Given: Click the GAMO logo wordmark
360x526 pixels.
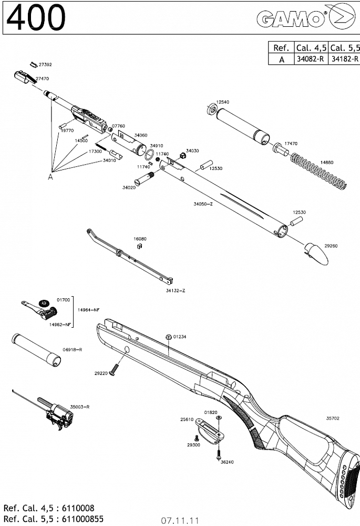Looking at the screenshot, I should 290,20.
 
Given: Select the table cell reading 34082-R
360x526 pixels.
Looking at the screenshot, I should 311,59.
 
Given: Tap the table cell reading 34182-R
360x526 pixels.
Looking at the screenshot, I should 344,59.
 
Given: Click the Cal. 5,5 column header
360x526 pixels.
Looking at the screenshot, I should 344,47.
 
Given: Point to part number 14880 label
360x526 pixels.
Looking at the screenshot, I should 327,163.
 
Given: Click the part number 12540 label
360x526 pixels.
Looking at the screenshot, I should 222,101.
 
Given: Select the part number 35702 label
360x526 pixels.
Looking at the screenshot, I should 332,418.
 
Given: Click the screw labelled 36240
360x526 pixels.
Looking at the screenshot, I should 217,453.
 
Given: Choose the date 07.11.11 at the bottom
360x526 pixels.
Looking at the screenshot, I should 180,521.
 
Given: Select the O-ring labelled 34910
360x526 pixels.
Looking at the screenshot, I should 150,154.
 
